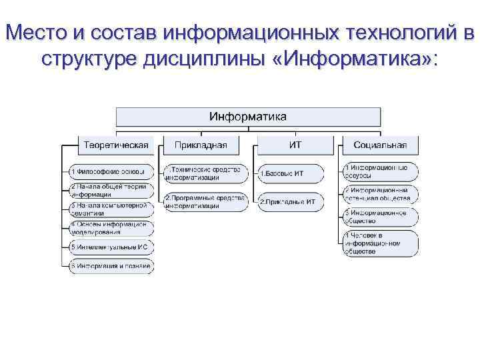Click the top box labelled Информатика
(248, 117)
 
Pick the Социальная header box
(380, 145)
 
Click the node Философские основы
(111, 172)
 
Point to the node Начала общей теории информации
(111, 191)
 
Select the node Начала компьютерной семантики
(111, 210)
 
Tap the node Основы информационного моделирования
(111, 229)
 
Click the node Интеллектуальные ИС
(111, 247)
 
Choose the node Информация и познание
(111, 266)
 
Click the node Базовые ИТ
(291, 173)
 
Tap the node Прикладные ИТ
(291, 201)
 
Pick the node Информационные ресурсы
(381, 171)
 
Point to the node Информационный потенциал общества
(381, 194)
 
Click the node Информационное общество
(381, 217)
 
